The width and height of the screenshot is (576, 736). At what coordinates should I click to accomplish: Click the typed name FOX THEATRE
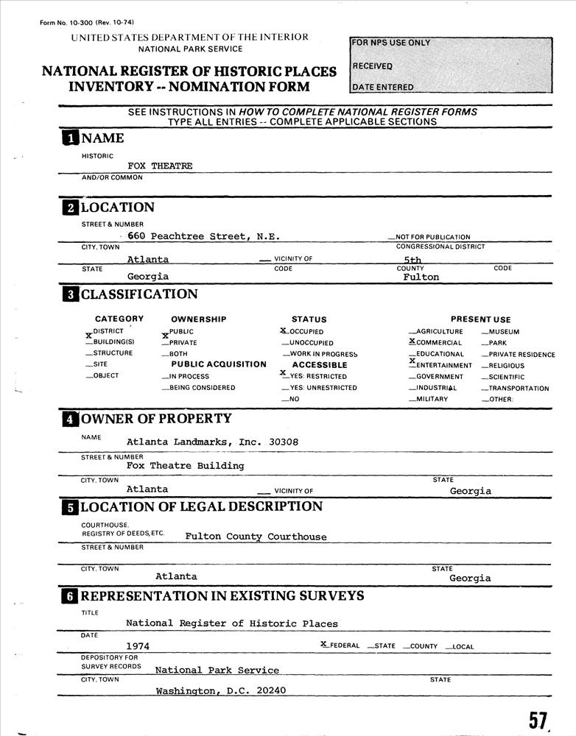(x=160, y=166)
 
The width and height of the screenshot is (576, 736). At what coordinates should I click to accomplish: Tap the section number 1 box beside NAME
(x=69, y=138)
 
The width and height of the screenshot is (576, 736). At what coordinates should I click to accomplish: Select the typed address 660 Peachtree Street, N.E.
(x=203, y=236)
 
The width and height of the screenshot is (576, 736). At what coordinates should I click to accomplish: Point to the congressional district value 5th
(x=412, y=260)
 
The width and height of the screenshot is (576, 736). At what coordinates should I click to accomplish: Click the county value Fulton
(x=421, y=277)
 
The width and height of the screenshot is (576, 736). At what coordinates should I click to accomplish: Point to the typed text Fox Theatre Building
(x=185, y=466)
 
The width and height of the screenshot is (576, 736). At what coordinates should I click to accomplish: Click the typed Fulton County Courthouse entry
(x=256, y=537)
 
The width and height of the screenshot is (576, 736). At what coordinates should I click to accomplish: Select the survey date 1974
(x=138, y=646)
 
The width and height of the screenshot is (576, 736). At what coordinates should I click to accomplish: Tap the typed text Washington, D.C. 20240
(x=220, y=691)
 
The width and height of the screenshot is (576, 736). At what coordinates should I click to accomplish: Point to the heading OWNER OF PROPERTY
(x=155, y=419)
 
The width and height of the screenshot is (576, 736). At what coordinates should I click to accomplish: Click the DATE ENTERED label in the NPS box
(x=382, y=88)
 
